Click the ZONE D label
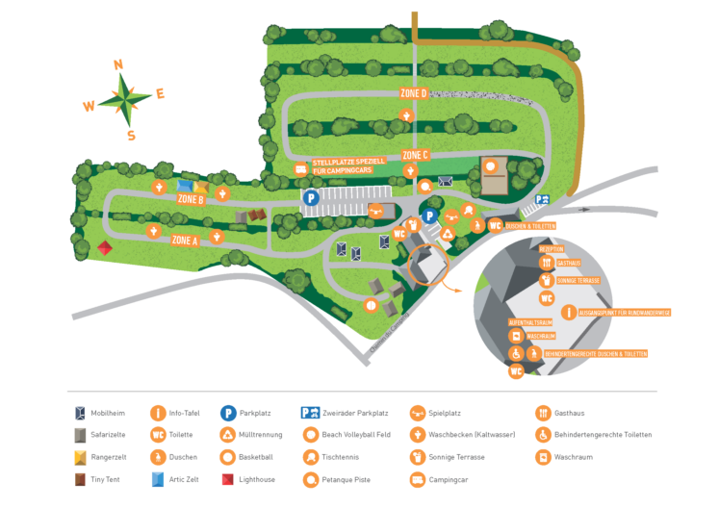[x=414, y=93]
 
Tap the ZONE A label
[x=185, y=241]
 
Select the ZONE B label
[x=190, y=199]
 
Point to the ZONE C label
[x=415, y=155]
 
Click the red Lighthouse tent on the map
[x=106, y=248]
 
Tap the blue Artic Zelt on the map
[x=184, y=186]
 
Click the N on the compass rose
[x=118, y=65]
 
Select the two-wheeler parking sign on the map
[x=543, y=200]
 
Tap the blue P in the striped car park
[x=311, y=197]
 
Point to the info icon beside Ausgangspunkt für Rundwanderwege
[x=570, y=312]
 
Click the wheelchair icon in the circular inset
[x=517, y=353]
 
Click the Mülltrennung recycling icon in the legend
[x=229, y=435]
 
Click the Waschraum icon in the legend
[x=543, y=457]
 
